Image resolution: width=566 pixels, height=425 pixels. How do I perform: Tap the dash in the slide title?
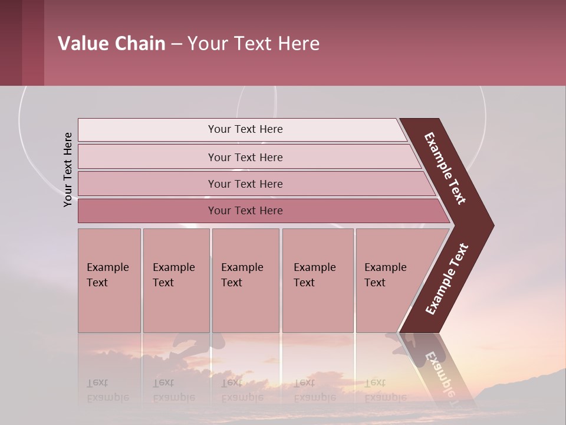click(x=176, y=44)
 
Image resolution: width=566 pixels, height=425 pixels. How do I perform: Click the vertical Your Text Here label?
click(x=68, y=169)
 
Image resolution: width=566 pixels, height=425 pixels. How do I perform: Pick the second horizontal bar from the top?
click(x=245, y=157)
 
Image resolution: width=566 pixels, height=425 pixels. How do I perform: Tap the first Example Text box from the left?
click(x=109, y=280)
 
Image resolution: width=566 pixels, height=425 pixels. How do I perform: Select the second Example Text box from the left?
click(x=176, y=280)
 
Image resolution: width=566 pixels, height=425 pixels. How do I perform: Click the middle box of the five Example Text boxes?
click(x=245, y=280)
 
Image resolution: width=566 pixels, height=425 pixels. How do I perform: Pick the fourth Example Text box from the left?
click(x=318, y=280)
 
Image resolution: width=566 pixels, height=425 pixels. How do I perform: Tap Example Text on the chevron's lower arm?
click(x=447, y=279)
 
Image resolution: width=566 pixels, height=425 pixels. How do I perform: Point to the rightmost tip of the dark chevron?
click(x=492, y=225)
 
